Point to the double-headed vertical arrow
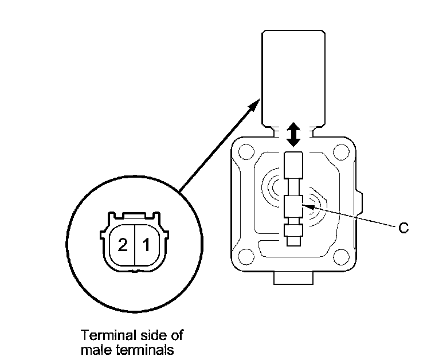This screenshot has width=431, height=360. pyautogui.click(x=293, y=134)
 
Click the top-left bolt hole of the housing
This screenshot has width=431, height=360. pyautogui.click(x=245, y=153)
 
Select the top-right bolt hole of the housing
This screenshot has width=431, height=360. pyautogui.click(x=342, y=153)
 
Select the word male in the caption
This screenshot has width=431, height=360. pyautogui.click(x=93, y=347)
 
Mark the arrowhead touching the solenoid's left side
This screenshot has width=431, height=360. pyautogui.click(x=255, y=105)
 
